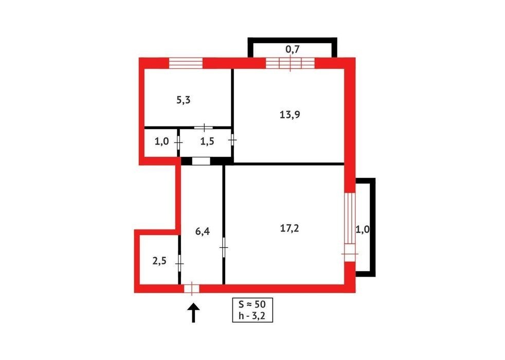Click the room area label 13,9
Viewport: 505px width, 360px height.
(x=290, y=114)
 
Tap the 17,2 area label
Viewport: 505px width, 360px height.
(x=290, y=228)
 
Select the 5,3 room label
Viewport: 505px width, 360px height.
(x=183, y=100)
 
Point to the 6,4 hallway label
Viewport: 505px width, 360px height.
(x=203, y=231)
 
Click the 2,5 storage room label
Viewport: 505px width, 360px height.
(x=159, y=261)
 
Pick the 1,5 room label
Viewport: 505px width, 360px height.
(x=207, y=141)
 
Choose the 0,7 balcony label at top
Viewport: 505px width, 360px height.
(x=293, y=49)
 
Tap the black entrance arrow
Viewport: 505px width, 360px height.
(x=193, y=312)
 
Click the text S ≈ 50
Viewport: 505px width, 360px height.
(x=252, y=304)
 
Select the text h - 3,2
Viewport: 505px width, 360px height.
(x=252, y=316)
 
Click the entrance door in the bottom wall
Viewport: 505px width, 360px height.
(x=192, y=289)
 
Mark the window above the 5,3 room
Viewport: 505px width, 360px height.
(x=186, y=63)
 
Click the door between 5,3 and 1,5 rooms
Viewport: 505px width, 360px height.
(x=204, y=128)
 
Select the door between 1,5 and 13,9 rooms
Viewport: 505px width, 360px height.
(x=232, y=140)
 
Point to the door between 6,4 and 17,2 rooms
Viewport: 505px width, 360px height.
(x=224, y=247)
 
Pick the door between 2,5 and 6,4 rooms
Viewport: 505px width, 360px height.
(x=179, y=264)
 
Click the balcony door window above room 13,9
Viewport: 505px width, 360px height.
(x=290, y=63)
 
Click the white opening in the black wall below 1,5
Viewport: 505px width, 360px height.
(x=201, y=161)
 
